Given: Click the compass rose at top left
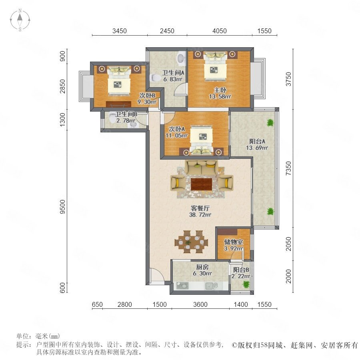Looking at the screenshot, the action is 20,20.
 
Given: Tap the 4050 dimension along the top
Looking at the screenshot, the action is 220,31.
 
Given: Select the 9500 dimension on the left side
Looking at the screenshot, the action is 62,207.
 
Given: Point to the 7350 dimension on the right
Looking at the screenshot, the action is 288,168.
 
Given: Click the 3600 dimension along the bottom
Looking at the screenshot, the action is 200,304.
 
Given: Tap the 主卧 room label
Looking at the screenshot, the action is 220,90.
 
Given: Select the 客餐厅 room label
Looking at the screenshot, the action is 200,208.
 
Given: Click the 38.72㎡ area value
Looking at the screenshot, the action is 200,215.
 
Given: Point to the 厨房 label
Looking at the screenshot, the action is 202,267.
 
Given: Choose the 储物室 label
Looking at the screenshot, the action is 234,242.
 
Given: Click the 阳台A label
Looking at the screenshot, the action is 257,142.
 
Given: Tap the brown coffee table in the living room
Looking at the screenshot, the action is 201,184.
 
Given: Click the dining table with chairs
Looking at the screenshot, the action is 191,242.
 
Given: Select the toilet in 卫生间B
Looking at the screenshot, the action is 112,117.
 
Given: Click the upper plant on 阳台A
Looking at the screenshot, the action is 270,123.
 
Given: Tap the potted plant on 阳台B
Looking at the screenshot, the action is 246,284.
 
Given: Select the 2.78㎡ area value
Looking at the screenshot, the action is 126,120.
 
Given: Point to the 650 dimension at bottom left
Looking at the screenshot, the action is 97,304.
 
